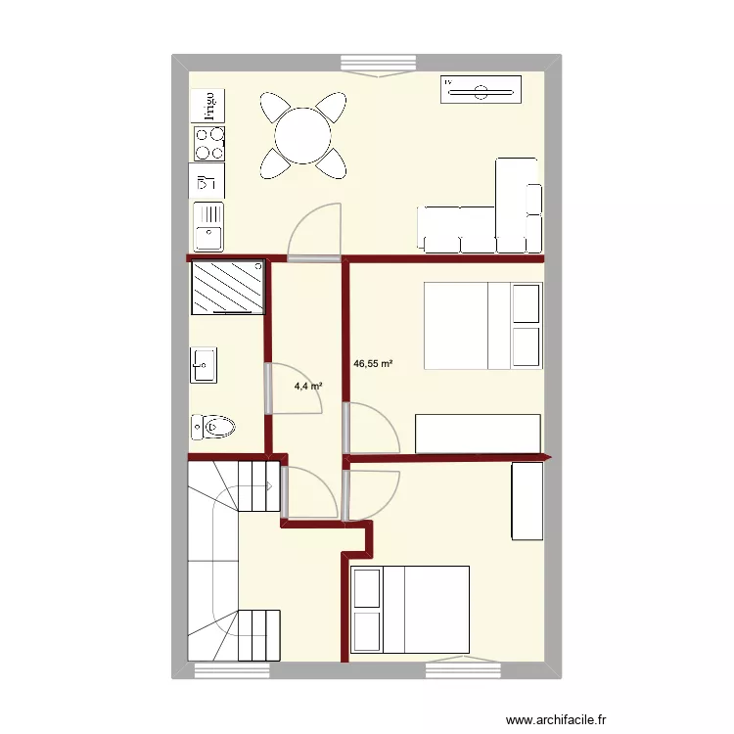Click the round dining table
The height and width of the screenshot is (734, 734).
302,135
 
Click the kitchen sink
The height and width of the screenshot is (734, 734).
208,225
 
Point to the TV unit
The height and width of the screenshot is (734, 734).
480,92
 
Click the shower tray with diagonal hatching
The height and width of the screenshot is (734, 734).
228,288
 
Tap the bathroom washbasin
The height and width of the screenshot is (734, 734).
204,364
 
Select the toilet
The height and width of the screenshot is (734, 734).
213,427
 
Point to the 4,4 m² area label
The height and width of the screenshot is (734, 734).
308,387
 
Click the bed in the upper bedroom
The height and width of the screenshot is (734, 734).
482,326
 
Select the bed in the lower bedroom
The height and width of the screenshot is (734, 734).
410,609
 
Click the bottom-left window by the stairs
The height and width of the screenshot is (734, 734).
232,669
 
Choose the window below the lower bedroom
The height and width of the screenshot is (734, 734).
463,668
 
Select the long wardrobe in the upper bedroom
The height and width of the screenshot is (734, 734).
478,434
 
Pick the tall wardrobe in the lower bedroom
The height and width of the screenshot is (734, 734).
527,500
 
